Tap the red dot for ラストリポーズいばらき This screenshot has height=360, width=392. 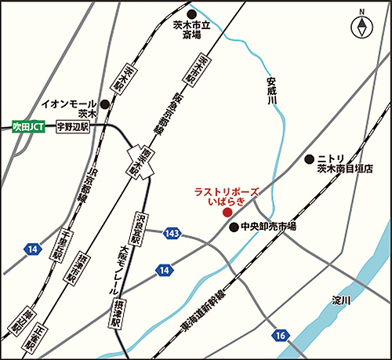click(227, 212)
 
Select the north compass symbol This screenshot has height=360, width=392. click(361, 27)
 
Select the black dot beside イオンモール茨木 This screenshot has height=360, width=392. click(103, 104)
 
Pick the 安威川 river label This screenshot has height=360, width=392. click(271, 92)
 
